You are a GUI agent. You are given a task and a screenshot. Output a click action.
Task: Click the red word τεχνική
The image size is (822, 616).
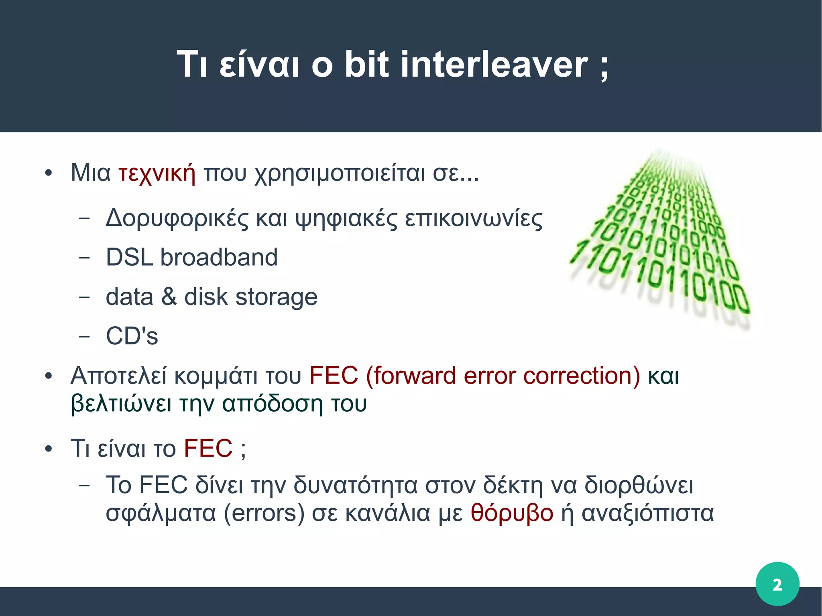(157, 174)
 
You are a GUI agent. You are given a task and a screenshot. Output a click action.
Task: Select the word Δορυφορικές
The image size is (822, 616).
(177, 220)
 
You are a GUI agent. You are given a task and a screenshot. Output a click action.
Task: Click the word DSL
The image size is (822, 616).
(129, 257)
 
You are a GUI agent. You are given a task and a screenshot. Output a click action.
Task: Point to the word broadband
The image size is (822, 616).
(219, 257)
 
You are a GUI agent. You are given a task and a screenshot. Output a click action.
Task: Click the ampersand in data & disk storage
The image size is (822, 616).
(169, 297)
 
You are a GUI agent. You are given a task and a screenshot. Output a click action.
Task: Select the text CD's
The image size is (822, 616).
(132, 336)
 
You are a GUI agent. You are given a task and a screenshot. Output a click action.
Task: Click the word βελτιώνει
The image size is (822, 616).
(121, 404)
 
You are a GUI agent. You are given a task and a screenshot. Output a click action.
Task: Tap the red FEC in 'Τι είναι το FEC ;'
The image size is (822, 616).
(208, 448)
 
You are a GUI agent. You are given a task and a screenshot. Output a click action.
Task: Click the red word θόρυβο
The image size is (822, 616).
(512, 513)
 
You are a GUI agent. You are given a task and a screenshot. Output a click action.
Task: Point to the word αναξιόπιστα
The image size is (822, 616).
(647, 513)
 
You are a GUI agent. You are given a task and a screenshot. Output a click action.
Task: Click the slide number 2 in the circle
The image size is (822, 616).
(777, 584)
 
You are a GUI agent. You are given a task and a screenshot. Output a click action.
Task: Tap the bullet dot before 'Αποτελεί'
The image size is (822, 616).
(49, 376)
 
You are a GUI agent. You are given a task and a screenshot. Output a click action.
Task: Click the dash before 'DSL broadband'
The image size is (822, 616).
(84, 258)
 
